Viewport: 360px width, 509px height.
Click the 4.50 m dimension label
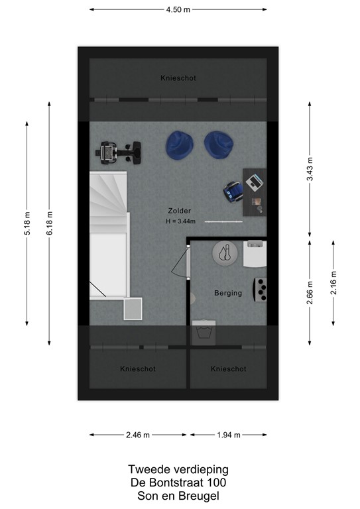point(178,10)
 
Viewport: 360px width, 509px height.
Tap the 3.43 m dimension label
point(310,170)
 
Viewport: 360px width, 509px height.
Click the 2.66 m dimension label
point(310,292)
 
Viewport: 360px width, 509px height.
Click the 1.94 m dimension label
point(229,435)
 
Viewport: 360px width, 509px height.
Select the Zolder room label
point(179,211)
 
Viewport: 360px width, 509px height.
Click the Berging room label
point(228,293)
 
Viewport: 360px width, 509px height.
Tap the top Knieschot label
point(178,78)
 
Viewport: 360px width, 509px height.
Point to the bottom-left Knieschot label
point(138,368)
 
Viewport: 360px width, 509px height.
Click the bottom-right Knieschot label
point(228,368)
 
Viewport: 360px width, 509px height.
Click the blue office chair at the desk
point(232,191)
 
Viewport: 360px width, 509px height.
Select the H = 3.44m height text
point(182,221)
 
